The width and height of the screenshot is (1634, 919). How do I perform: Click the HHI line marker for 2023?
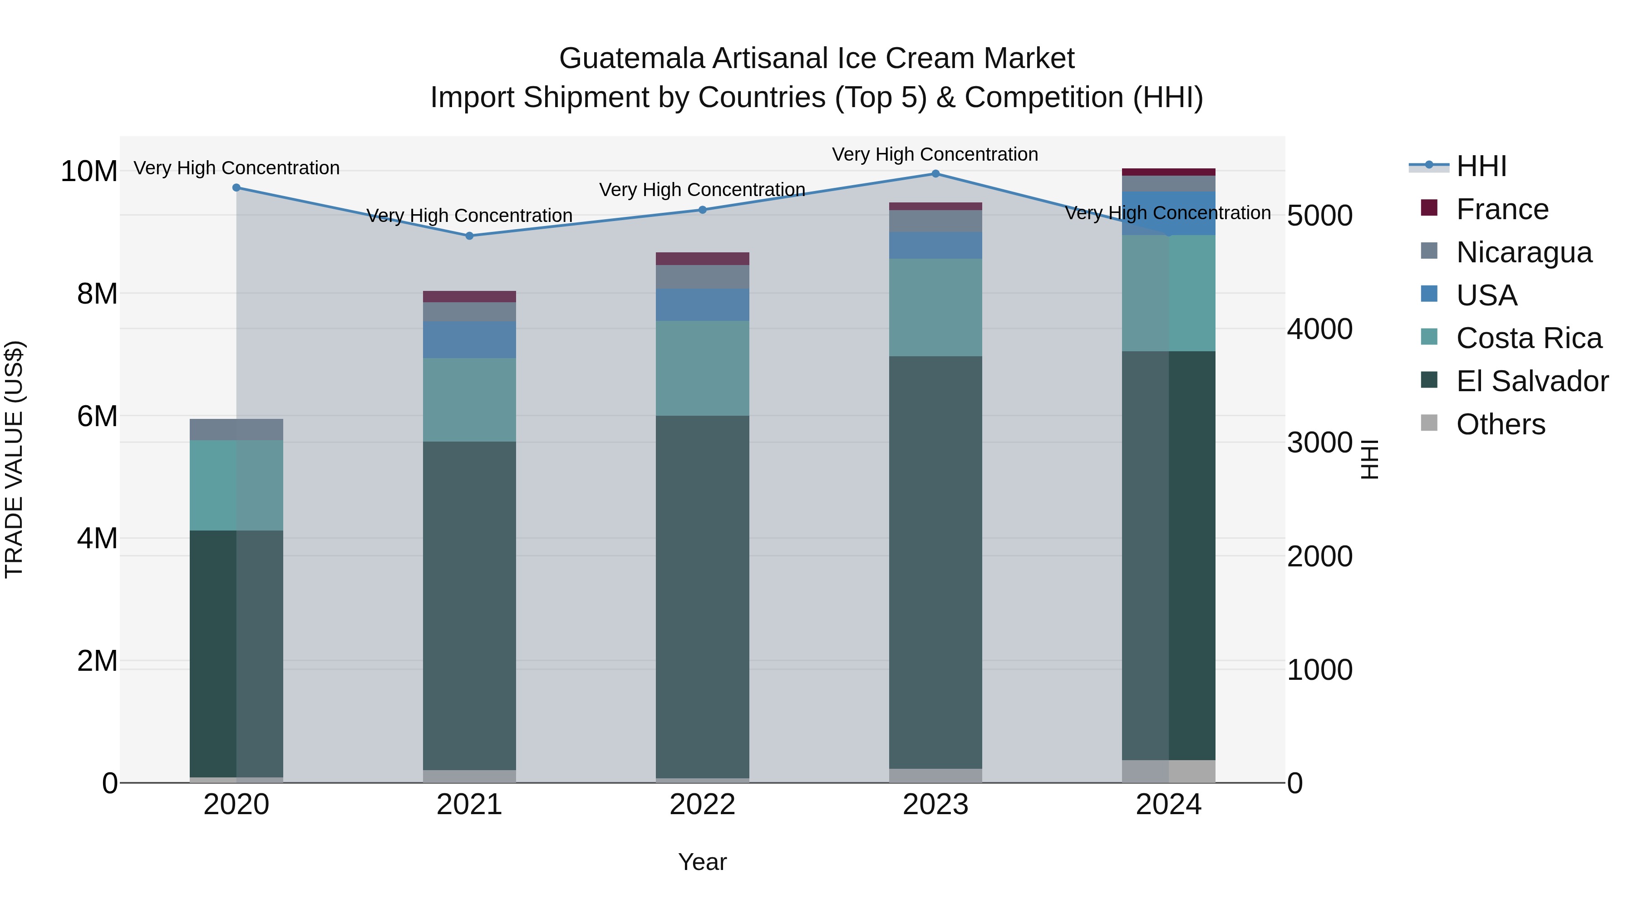click(x=935, y=174)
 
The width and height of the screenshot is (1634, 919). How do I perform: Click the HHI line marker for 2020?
click(x=236, y=188)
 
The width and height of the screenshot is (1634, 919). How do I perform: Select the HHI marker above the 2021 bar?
click(x=469, y=236)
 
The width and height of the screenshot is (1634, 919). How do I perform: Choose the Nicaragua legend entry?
click(x=1524, y=252)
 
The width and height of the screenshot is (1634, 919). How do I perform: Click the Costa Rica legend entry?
click(x=1529, y=338)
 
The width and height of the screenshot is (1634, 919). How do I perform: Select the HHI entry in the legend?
click(x=1481, y=166)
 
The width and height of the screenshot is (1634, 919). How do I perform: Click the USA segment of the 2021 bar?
click(x=469, y=340)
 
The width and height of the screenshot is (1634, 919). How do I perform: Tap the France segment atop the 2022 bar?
click(x=702, y=259)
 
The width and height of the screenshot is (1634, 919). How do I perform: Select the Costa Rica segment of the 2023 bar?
click(x=935, y=308)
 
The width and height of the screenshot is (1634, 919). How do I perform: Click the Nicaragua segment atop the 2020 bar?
click(x=236, y=429)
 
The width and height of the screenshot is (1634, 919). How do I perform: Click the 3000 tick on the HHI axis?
click(x=1319, y=442)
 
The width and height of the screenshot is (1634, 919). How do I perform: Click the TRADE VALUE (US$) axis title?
click(x=14, y=459)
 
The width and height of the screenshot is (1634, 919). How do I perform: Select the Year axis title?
click(x=702, y=862)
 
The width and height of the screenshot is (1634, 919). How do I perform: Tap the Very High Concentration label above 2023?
click(x=935, y=154)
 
